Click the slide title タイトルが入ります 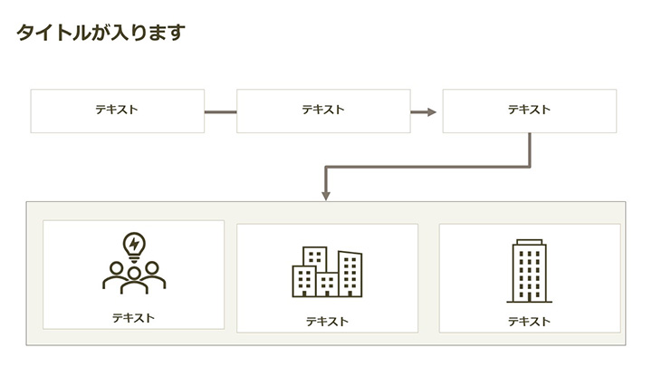(x=101, y=34)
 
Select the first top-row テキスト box (x=117, y=111)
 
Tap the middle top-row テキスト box (x=323, y=111)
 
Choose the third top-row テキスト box (x=529, y=111)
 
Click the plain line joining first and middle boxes (x=220, y=111)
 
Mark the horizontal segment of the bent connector (x=426, y=167)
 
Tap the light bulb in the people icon (x=134, y=245)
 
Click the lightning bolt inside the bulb (x=134, y=243)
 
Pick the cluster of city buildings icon (x=327, y=271)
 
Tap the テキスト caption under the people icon (x=133, y=318)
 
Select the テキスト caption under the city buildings (x=327, y=322)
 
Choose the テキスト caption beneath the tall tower (x=529, y=322)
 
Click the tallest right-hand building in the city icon (x=350, y=273)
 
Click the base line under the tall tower (x=529, y=301)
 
